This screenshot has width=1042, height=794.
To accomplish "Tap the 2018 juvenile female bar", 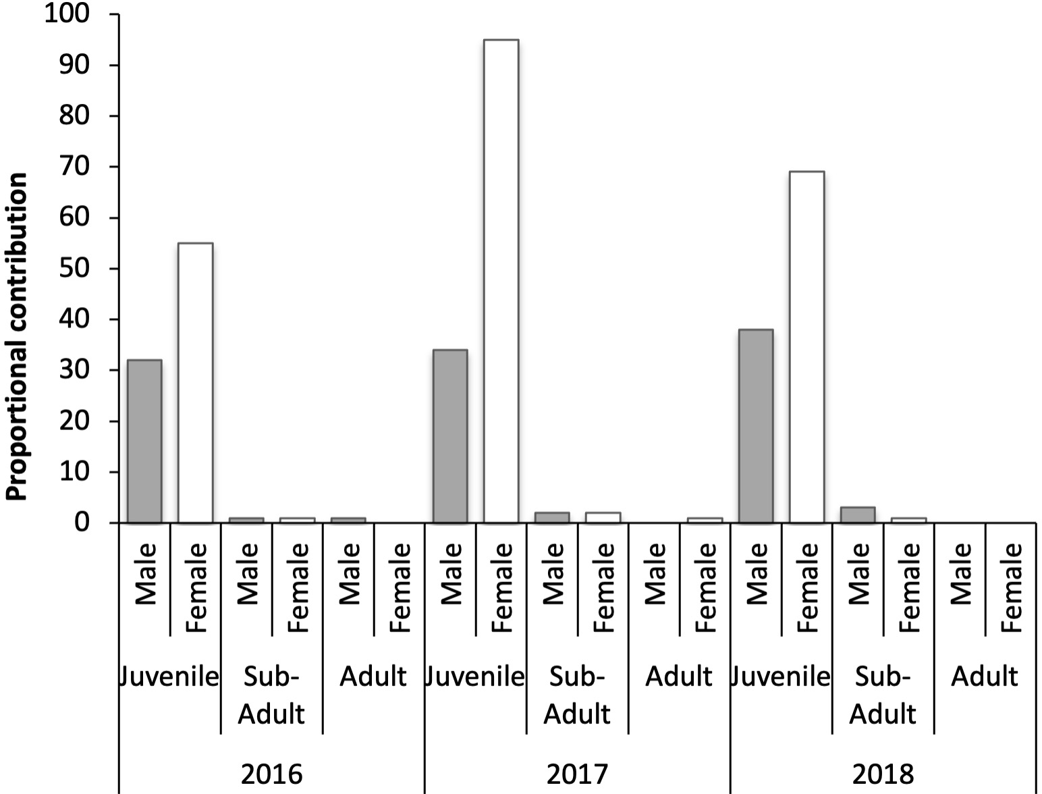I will pyautogui.click(x=806, y=347).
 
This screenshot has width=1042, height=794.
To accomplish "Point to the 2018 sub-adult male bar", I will pyautogui.click(x=858, y=515).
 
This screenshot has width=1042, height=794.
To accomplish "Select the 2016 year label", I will pyautogui.click(x=271, y=774).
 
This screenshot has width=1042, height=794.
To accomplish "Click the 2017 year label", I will pyautogui.click(x=577, y=774).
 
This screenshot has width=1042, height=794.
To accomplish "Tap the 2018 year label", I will pyautogui.click(x=882, y=774).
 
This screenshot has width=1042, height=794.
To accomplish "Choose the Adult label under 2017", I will pyautogui.click(x=678, y=676).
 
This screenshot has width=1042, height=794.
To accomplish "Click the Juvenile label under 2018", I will pyautogui.click(x=780, y=676).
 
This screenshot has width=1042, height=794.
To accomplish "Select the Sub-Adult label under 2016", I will pyautogui.click(x=271, y=695).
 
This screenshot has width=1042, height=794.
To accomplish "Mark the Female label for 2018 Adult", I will pyautogui.click(x=1011, y=587).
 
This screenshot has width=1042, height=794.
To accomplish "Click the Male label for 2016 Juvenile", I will pyautogui.click(x=145, y=574).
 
